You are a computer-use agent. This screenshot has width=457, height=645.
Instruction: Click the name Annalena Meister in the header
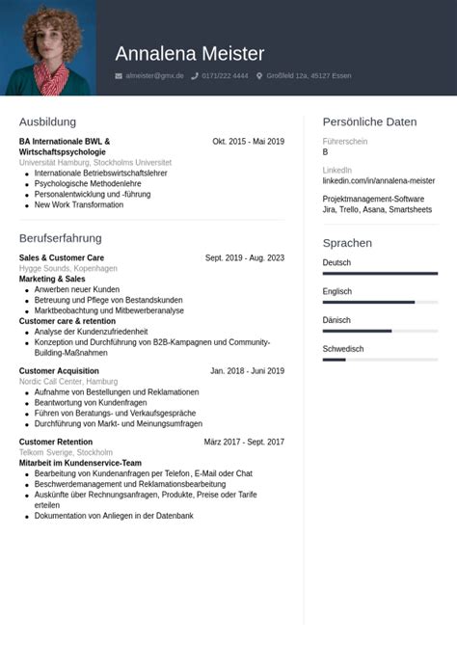[x=189, y=54]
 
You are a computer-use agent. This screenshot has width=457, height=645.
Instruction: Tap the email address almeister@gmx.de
[x=154, y=75]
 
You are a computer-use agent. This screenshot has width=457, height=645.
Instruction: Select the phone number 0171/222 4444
[x=225, y=75]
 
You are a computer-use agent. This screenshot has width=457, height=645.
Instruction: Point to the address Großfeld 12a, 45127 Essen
[x=309, y=75]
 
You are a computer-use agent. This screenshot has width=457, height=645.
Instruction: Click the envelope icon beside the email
[x=119, y=75]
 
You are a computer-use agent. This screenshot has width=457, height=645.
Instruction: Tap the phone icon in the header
[x=195, y=75]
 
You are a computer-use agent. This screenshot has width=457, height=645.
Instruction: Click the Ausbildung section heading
[x=47, y=121]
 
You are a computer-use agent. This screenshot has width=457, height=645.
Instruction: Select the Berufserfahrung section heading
[x=60, y=237]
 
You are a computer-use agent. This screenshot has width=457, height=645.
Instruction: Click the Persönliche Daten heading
[x=369, y=121]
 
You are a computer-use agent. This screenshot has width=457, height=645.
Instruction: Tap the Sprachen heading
[x=347, y=243]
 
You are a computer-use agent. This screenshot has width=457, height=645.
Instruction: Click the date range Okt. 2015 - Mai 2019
[x=248, y=142]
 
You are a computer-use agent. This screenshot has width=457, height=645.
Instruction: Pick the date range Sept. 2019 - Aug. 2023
[x=244, y=257]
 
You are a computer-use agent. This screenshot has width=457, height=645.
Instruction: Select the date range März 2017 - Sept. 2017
[x=244, y=442]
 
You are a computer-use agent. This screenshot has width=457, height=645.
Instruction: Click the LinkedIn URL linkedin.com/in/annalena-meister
[x=378, y=180]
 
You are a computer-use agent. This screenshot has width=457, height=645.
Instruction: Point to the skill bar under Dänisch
[x=380, y=331]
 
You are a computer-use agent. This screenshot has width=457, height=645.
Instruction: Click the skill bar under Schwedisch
[x=380, y=360]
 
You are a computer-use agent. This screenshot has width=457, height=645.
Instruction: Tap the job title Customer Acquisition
[x=59, y=370]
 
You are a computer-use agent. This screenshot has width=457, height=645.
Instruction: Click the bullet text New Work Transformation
[x=79, y=204]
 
